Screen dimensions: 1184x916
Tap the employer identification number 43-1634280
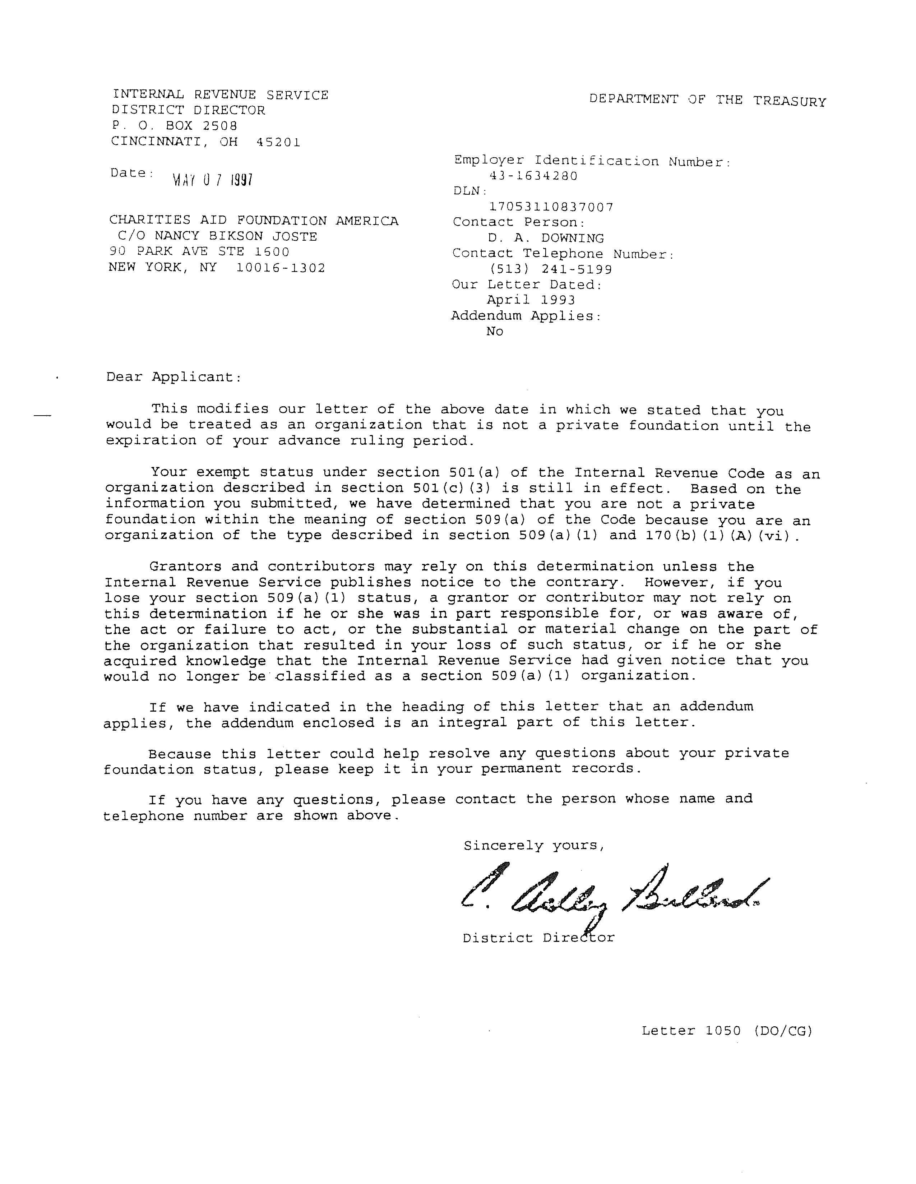(x=533, y=176)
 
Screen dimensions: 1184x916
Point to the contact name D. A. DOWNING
(x=545, y=238)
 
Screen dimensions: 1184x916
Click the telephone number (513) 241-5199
(x=550, y=269)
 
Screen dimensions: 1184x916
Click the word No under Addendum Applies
(x=495, y=331)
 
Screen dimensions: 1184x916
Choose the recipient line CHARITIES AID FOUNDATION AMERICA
(x=254, y=221)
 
